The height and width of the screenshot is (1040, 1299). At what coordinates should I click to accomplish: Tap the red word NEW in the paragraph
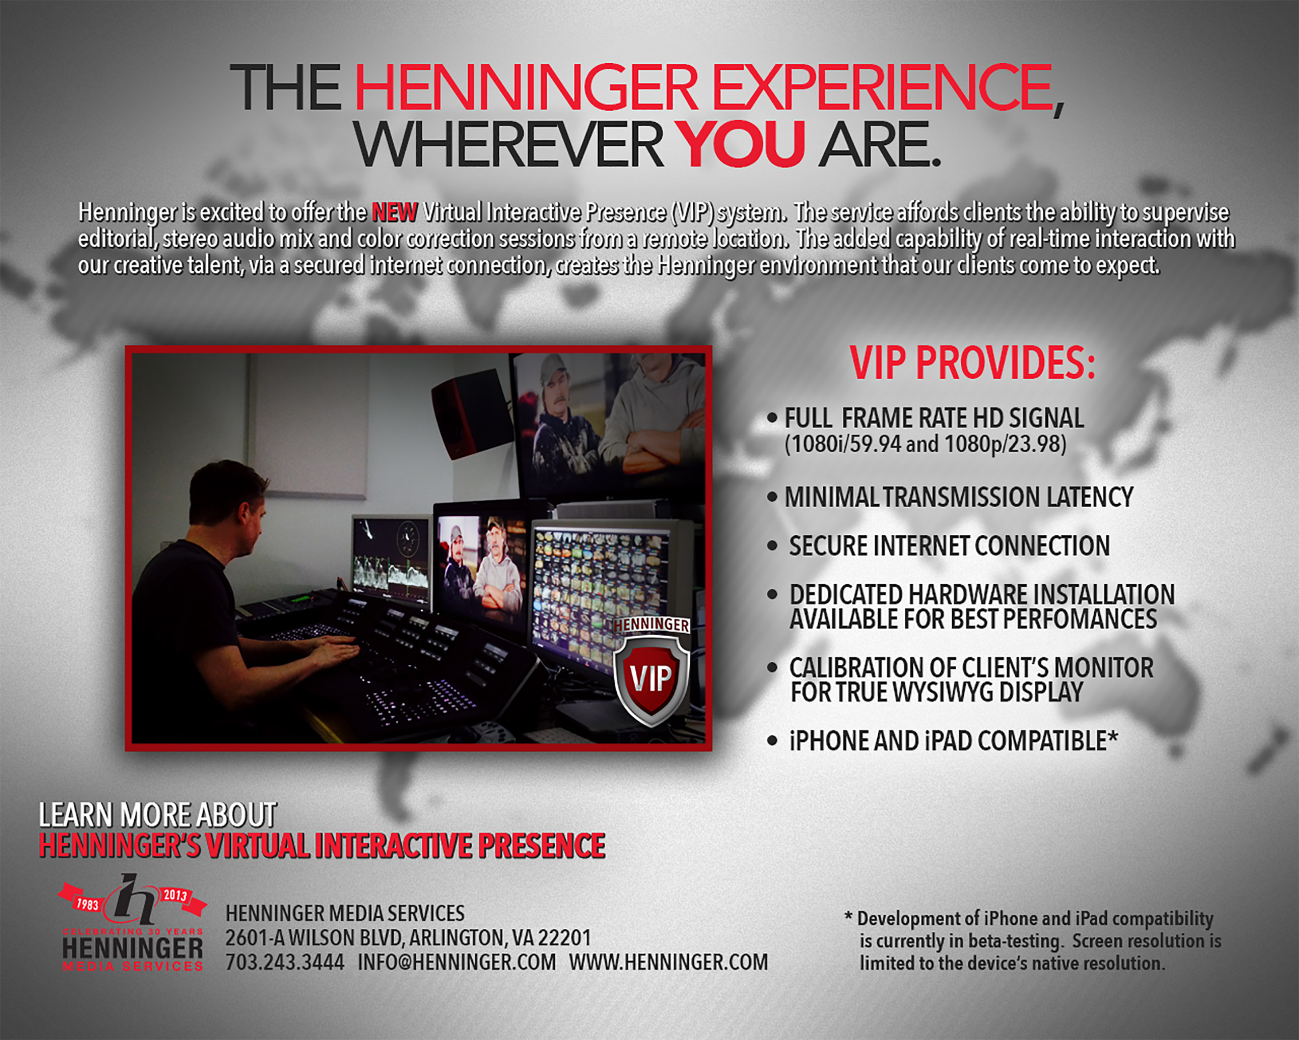(x=395, y=212)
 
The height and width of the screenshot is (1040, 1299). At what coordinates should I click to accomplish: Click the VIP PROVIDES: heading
(x=972, y=363)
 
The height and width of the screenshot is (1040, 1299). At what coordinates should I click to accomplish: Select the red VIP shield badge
(x=652, y=673)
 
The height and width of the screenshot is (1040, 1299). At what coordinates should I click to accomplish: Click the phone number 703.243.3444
(x=284, y=962)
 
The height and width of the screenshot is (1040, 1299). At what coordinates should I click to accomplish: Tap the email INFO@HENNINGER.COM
(x=457, y=962)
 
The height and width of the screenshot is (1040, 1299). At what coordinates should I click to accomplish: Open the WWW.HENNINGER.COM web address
(x=668, y=962)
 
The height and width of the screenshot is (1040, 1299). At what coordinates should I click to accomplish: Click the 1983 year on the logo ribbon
(x=87, y=904)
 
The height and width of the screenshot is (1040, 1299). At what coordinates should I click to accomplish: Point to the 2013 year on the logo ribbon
(x=175, y=895)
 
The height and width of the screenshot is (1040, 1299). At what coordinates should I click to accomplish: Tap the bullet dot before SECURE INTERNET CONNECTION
(x=772, y=545)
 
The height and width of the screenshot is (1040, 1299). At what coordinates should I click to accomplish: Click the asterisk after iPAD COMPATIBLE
(x=1113, y=737)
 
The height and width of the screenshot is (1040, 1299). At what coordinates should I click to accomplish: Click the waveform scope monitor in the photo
(x=391, y=561)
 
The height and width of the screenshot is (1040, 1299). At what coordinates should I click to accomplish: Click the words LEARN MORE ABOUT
(x=158, y=815)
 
